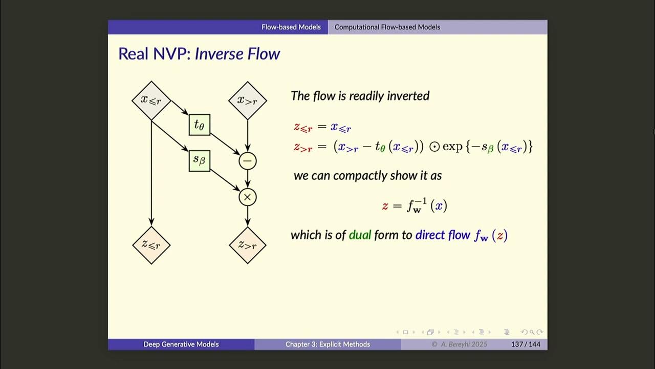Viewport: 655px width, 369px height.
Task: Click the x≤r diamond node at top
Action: (151, 100)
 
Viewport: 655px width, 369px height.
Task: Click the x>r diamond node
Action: (247, 100)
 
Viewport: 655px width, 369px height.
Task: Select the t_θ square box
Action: (199, 125)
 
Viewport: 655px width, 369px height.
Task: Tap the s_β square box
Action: (199, 160)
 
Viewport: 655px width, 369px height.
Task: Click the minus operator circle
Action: (247, 161)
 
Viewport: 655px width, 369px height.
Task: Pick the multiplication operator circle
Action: (247, 197)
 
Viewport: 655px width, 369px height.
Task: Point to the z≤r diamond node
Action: (151, 245)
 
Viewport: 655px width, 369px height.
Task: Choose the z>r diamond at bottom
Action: (247, 245)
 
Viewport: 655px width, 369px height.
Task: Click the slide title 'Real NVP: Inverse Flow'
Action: (199, 54)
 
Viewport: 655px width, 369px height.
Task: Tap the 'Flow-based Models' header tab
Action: (291, 27)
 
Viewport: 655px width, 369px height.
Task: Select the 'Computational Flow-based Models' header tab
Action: (387, 27)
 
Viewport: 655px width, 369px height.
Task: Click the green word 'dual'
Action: (360, 235)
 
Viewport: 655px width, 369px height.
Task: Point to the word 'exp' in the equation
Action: (452, 147)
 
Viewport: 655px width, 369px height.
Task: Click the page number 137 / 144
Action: (526, 344)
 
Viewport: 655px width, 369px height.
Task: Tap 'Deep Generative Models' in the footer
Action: (181, 344)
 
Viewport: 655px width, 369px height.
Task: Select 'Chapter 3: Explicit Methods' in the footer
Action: (327, 344)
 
